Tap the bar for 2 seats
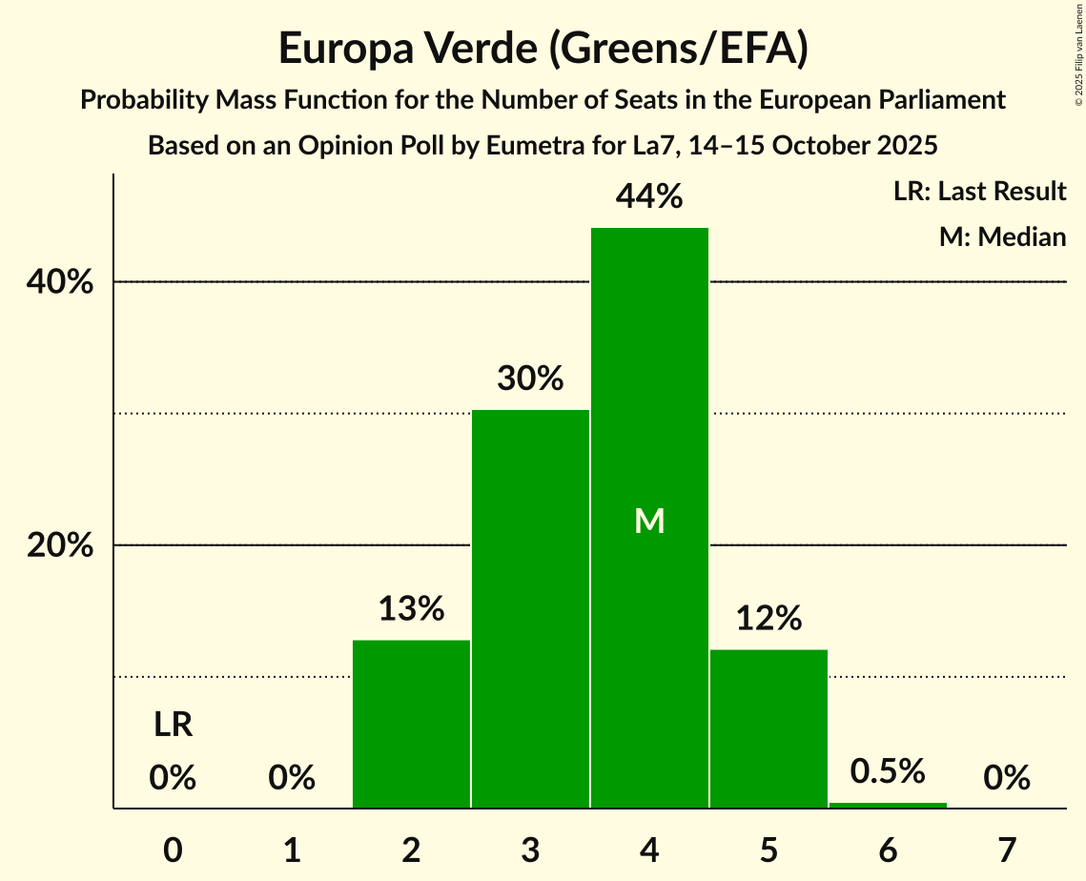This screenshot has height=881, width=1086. (411, 724)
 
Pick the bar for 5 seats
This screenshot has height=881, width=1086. (768, 728)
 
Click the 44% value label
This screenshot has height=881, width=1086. (649, 196)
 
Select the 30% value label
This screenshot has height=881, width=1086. (530, 379)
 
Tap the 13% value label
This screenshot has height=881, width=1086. (411, 608)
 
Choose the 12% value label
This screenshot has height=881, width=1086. (768, 619)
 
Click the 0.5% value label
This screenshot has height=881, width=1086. (888, 770)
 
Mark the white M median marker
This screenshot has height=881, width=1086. (649, 521)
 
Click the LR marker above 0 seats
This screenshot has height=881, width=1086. (174, 726)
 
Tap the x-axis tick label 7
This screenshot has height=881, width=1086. (1007, 849)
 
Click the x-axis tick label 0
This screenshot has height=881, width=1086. (173, 849)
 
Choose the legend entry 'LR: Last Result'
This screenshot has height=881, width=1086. (979, 192)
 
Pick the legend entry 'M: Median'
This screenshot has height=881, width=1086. (1002, 236)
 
